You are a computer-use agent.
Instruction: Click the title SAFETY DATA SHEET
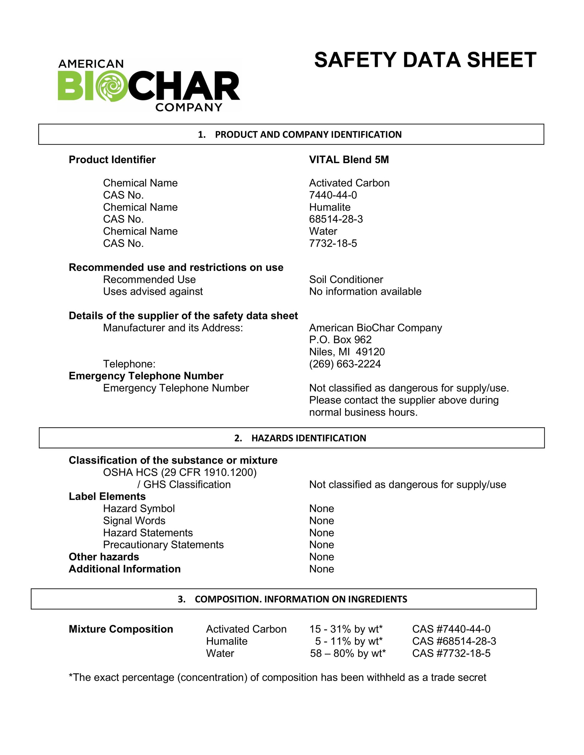pos(425,60)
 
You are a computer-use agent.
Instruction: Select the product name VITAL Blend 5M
pos(349,160)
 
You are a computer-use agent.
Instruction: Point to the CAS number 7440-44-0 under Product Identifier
pos(333,195)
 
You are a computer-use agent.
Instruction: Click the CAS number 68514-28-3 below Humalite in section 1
pos(336,219)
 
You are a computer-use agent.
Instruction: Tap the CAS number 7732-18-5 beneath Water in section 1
pos(333,243)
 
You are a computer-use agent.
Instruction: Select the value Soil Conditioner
pos(346,279)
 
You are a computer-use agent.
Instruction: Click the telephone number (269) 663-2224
pos(345,364)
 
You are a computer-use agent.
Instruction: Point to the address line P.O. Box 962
pos(340,339)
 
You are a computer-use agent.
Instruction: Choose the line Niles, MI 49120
pos(347,352)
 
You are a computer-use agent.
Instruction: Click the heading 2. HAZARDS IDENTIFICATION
pos(300,438)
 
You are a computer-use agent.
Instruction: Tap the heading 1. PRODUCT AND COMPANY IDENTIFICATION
pos(300,134)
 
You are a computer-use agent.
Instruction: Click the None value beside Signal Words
pos(321,520)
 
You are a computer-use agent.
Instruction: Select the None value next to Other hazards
pos(321,557)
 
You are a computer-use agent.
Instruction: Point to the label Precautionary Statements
pos(163,545)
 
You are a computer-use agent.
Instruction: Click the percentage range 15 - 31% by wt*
pos(346,629)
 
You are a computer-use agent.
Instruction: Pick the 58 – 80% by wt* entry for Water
pos(348,653)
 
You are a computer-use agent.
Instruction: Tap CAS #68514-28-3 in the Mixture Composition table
pos(454,641)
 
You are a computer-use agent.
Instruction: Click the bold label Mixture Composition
pos(121,629)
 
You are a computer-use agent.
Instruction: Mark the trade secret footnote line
pos(278,677)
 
